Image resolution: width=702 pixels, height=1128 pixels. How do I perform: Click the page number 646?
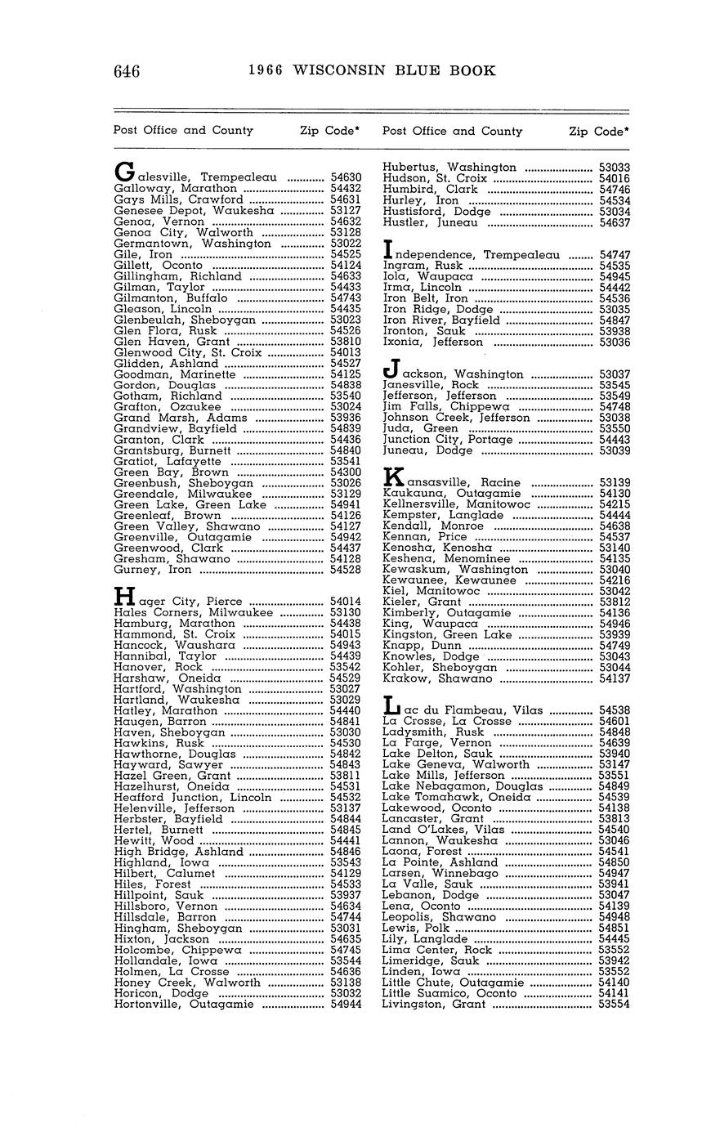[127, 71]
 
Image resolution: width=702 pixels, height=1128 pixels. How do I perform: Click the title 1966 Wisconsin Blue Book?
[372, 71]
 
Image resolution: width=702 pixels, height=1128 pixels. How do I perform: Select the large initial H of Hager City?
[123, 598]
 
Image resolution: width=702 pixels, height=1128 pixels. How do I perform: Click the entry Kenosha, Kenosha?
[437, 548]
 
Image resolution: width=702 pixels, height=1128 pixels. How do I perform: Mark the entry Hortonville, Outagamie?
[184, 1005]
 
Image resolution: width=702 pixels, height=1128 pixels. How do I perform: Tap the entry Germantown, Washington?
[192, 244]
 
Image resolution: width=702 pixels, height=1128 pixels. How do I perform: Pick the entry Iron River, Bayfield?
[440, 321]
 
